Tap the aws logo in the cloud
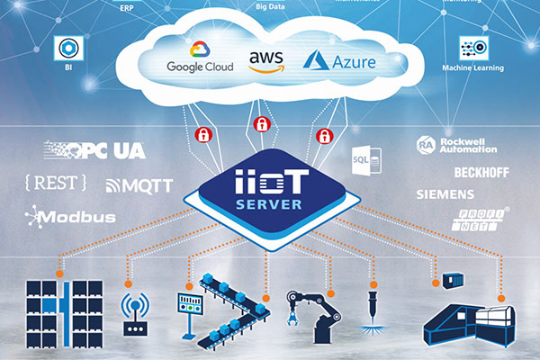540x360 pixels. click(x=266, y=61)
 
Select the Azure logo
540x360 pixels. click(x=338, y=60)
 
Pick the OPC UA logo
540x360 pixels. click(x=94, y=150)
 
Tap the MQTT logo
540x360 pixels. click(x=139, y=186)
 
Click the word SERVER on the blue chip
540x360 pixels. click(x=270, y=203)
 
